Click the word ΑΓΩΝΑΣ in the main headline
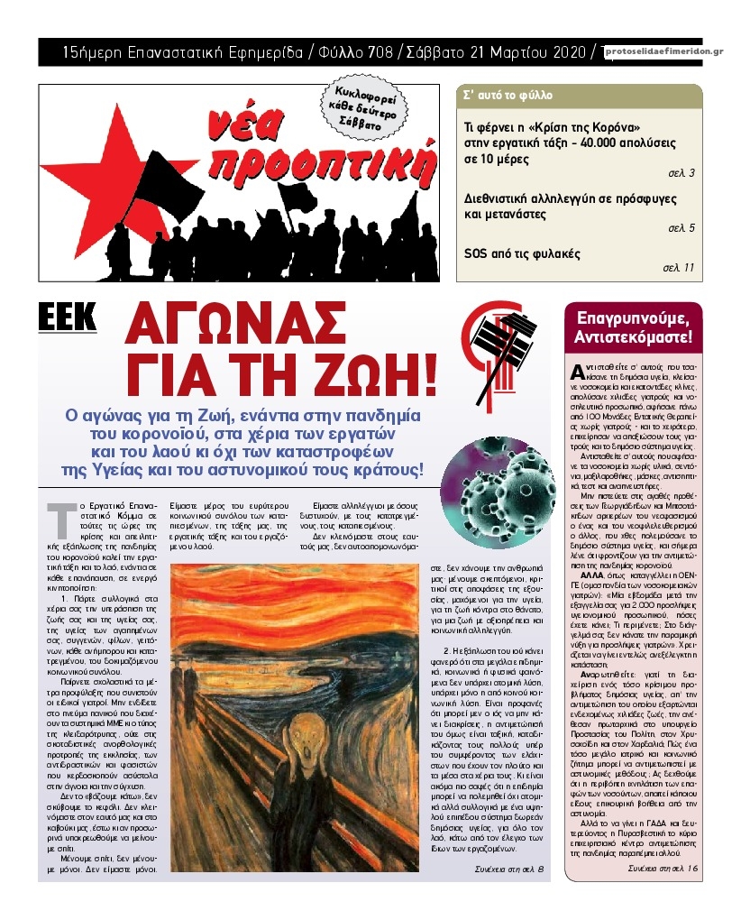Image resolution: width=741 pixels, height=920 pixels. (236, 323)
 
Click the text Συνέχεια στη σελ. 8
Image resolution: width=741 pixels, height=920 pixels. (509, 869)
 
